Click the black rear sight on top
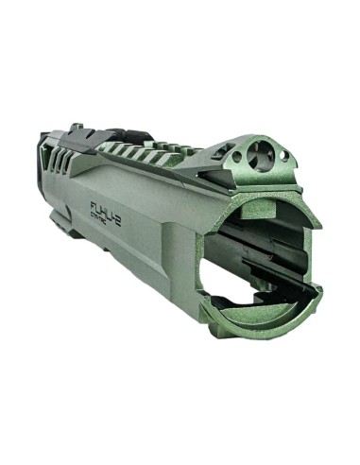coord(67,131)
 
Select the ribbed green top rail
coord(161,151)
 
